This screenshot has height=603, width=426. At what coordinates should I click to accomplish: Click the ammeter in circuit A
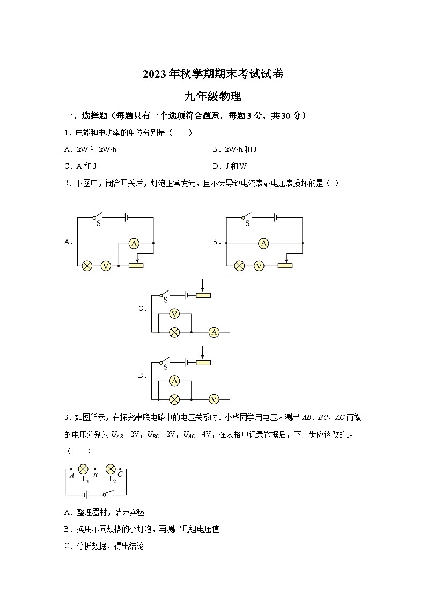tap(134, 244)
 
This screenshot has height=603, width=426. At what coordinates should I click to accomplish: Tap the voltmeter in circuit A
tap(106, 266)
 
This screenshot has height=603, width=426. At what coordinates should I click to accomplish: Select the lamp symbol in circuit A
tap(86, 266)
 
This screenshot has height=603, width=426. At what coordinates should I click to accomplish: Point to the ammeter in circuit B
tap(263, 244)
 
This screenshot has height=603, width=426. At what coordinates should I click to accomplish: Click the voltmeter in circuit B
tap(259, 266)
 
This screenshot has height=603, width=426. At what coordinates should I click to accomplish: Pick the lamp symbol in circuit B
tap(240, 266)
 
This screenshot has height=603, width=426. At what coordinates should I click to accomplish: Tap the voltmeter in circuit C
tap(174, 314)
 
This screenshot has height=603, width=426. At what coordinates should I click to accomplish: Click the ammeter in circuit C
tap(214, 332)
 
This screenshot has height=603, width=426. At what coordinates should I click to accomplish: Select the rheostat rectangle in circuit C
tap(203, 295)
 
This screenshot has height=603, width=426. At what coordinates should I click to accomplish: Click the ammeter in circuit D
tap(174, 381)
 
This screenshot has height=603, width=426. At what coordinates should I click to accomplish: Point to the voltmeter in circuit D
tap(214, 399)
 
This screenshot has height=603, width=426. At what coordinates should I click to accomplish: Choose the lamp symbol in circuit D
tap(174, 399)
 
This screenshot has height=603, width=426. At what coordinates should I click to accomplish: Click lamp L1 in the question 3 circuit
tap(84, 469)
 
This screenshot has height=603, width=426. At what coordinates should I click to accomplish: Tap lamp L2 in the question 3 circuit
tap(111, 469)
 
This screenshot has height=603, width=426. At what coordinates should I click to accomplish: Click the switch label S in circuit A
tap(98, 223)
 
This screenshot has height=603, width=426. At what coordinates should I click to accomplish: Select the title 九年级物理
tap(213, 97)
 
